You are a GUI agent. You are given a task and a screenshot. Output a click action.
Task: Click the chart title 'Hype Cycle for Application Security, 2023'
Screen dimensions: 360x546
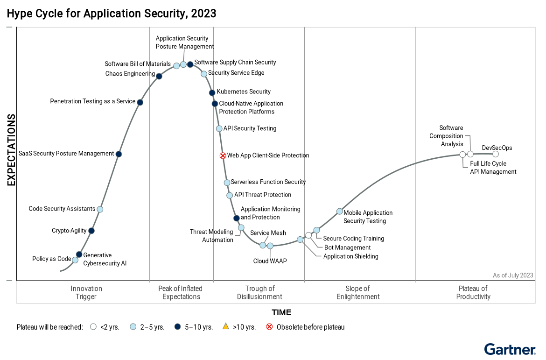click(112, 14)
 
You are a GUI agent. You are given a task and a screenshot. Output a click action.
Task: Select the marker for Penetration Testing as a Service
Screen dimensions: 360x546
click(140, 102)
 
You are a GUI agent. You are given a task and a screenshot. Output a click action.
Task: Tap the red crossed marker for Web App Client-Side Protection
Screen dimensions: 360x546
click(223, 155)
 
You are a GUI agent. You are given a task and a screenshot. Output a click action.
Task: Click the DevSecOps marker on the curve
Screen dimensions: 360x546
click(496, 154)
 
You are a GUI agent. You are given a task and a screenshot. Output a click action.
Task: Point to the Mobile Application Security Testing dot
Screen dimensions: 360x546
click(340, 212)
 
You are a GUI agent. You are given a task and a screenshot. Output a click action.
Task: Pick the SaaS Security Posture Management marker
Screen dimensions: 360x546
click(119, 154)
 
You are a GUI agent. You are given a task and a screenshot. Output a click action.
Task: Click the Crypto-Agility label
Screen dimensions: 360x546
click(69, 231)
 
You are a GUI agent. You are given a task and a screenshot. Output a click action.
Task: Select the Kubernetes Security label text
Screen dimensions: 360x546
click(244, 92)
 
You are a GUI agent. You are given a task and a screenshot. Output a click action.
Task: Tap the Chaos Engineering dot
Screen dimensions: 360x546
click(159, 76)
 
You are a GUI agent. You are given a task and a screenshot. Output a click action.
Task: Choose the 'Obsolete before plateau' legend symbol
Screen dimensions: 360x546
click(269, 327)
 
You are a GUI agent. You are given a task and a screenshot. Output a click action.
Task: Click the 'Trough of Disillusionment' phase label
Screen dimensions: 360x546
click(259, 292)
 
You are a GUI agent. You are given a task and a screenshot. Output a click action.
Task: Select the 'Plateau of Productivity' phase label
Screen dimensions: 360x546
click(473, 292)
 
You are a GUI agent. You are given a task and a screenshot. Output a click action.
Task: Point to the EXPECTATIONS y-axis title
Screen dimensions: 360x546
click(11, 150)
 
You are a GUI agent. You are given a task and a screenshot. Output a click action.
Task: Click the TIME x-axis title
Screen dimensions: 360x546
click(281, 312)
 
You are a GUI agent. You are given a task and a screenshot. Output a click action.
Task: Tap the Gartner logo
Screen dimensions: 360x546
click(510, 349)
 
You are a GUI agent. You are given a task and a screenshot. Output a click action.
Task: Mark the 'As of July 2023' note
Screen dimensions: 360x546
click(513, 275)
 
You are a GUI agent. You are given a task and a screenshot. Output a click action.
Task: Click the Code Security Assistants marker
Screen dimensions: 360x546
click(100, 209)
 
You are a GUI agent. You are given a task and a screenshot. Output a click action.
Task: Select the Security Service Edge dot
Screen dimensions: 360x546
click(204, 74)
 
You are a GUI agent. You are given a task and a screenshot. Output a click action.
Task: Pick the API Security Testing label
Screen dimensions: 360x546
click(250, 128)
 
